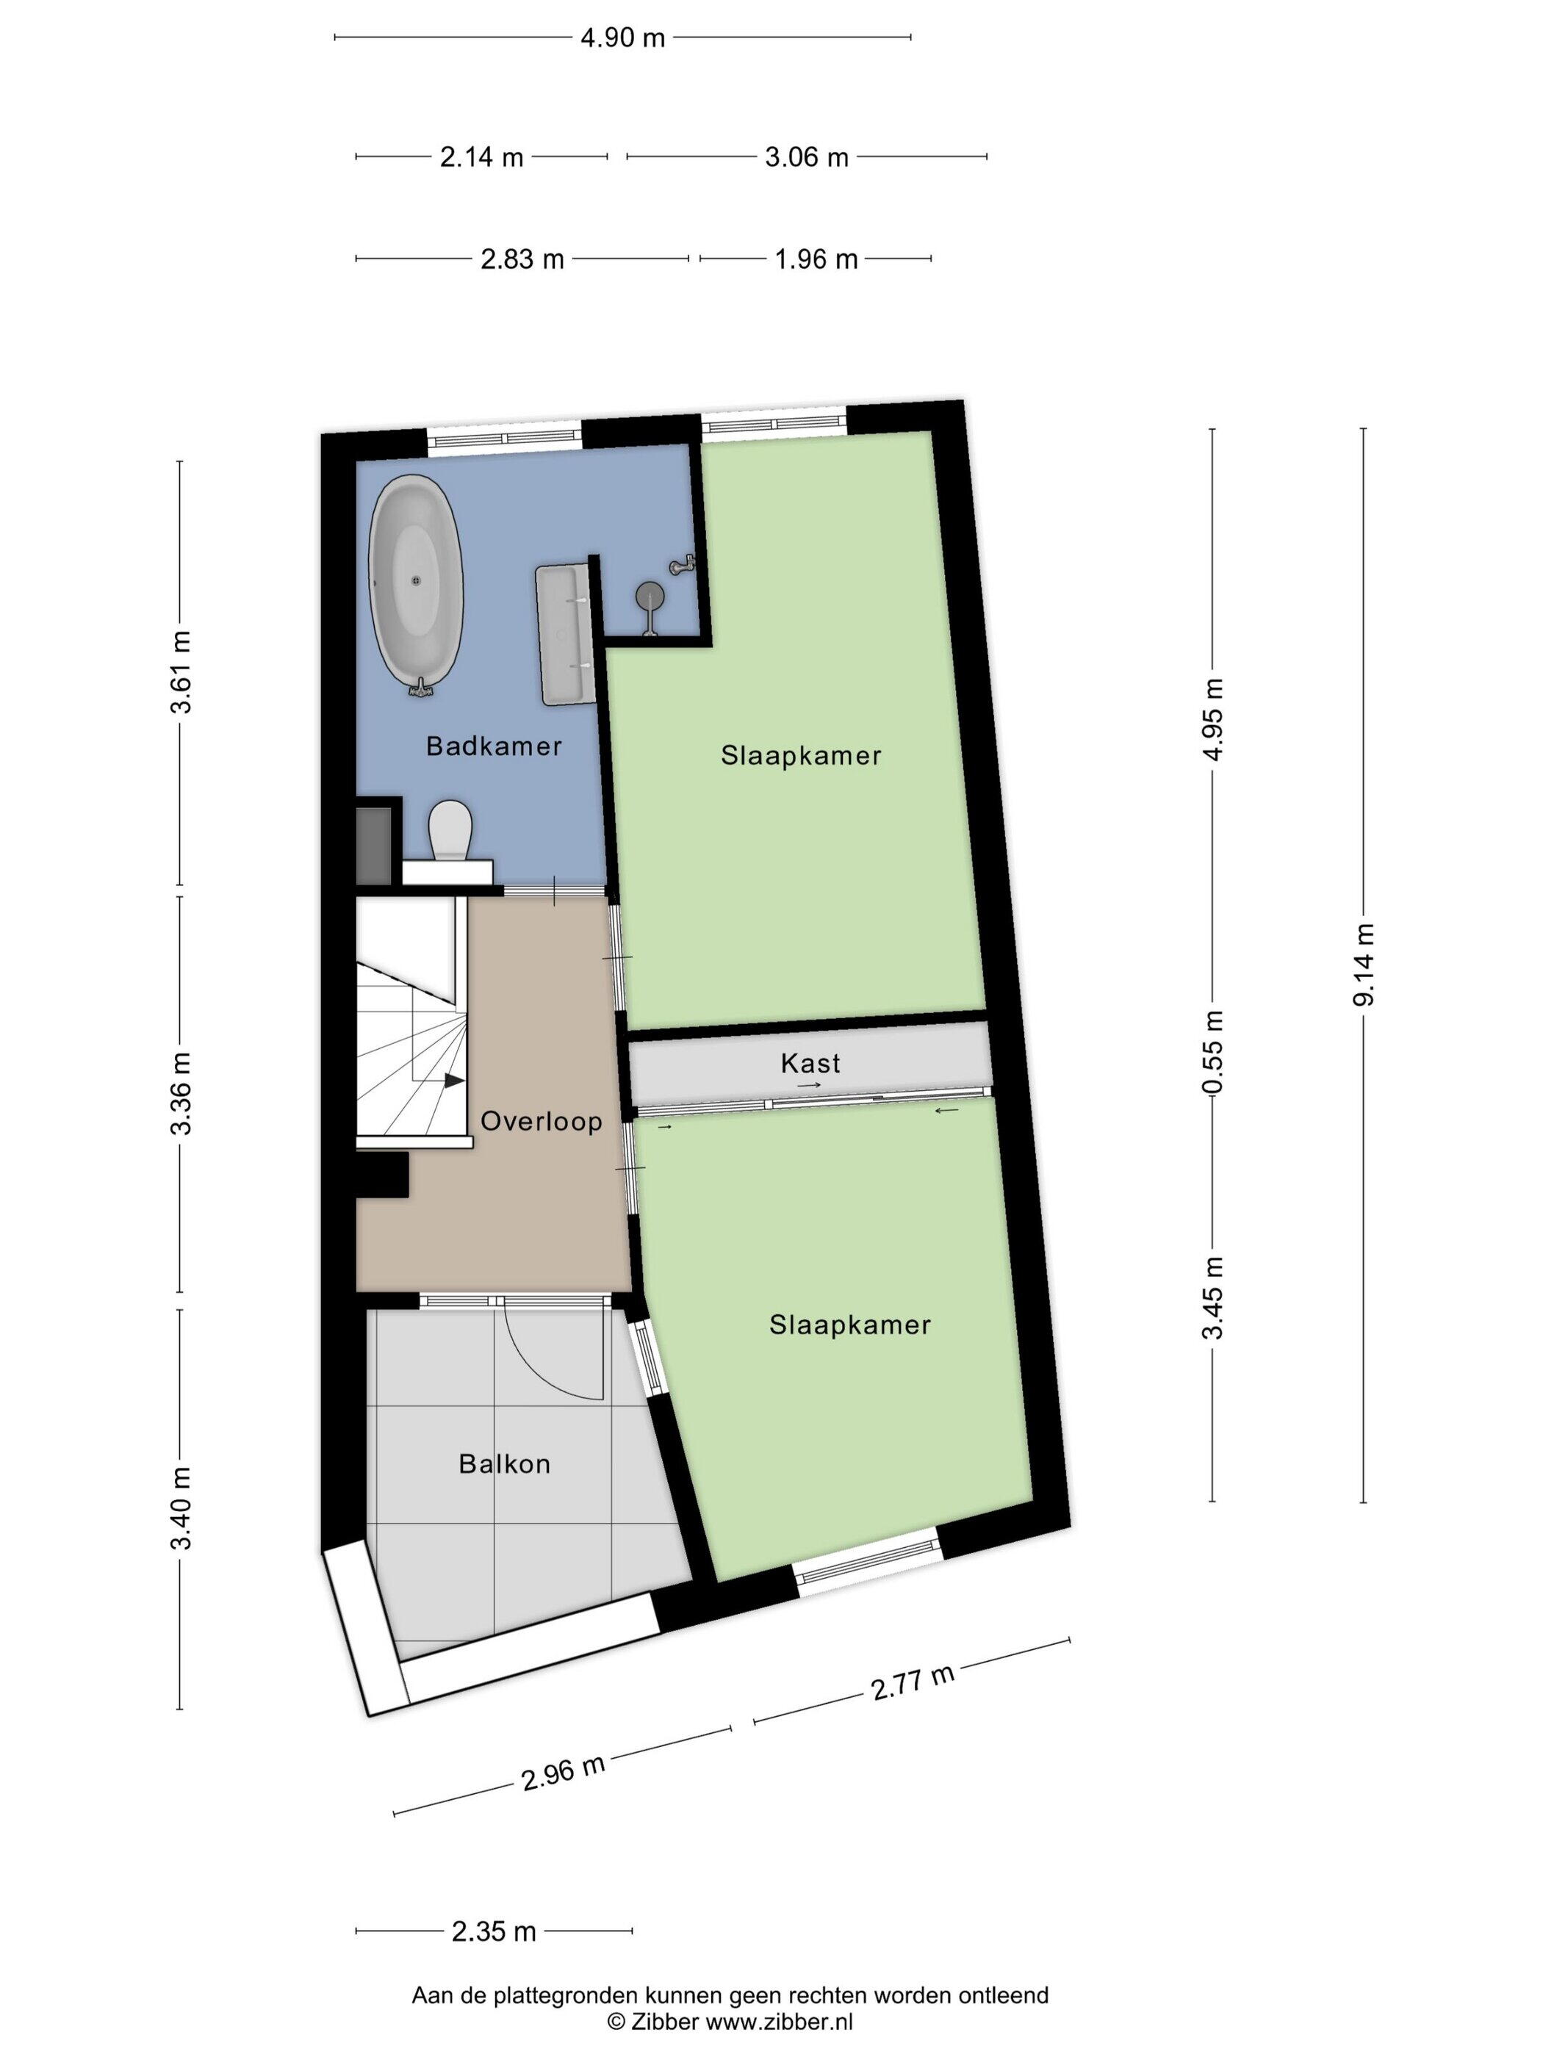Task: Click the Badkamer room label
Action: (494, 746)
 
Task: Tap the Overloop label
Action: (542, 1122)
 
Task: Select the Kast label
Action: (810, 1063)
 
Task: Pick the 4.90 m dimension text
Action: (622, 38)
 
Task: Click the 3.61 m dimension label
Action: (181, 671)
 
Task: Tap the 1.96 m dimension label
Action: (816, 259)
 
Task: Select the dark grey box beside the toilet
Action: (375, 846)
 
